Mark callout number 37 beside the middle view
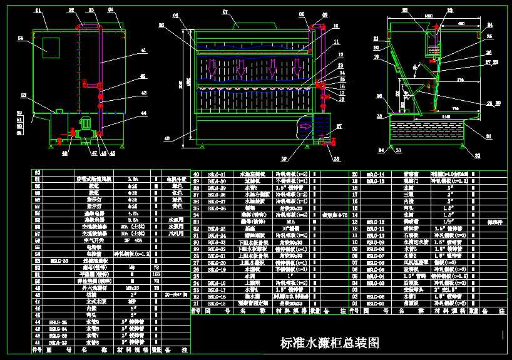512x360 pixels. pyautogui.click(x=339, y=126)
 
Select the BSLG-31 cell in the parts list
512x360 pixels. pyautogui.click(x=216, y=174)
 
